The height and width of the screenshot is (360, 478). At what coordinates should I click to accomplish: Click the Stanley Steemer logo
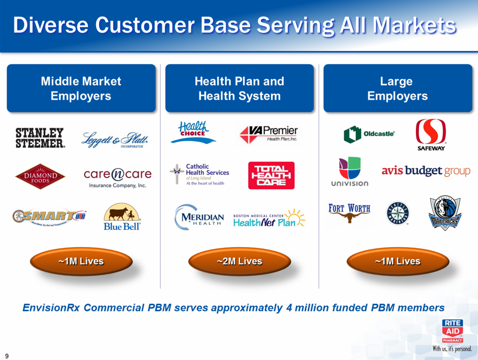point(41,138)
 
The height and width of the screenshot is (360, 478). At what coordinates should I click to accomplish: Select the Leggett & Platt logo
point(115,139)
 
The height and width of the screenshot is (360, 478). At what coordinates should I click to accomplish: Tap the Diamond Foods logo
point(40,176)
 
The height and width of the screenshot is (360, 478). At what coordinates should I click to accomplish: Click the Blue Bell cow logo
point(122,216)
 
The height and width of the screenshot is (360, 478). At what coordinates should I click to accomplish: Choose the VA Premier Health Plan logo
point(269,134)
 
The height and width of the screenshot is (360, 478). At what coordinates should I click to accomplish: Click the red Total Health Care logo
point(271,175)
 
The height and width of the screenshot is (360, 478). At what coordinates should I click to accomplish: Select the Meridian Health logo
point(199,217)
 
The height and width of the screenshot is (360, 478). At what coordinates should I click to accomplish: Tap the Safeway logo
point(431,134)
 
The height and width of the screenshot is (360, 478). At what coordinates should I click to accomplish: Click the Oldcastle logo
point(369,134)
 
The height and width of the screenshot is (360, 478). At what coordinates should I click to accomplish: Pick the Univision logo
point(350,171)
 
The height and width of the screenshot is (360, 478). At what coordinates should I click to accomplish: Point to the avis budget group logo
point(426,171)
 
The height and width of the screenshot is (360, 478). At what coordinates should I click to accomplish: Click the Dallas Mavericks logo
point(445,213)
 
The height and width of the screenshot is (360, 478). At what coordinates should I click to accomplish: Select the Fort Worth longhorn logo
point(349,214)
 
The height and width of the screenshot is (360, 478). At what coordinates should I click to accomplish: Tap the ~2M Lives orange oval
point(239,261)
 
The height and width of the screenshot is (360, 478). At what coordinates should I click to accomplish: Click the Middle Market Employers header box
point(81,88)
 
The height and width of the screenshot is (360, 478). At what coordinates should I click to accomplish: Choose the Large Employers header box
point(397,88)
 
